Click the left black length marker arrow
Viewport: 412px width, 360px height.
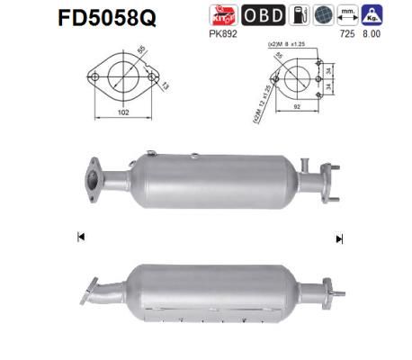coord(81,238)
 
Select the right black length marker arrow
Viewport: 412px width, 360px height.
coord(339,238)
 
